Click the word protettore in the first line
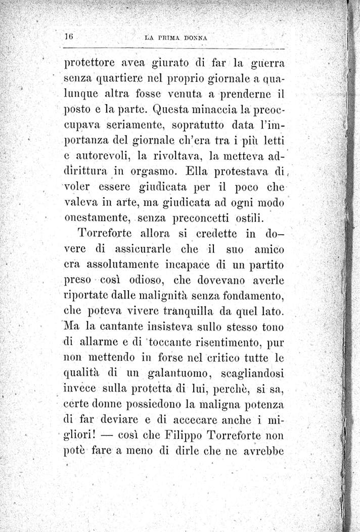pos(92,65)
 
